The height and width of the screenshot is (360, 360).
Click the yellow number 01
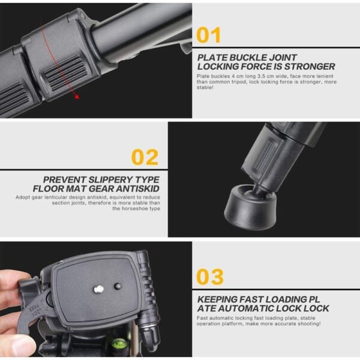[208, 36]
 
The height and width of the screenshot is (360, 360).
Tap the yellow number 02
[145, 157]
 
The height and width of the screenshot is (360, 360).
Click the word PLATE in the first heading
[214, 58]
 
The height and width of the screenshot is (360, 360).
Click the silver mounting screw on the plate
[99, 289]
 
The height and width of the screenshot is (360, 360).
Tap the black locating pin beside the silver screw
[118, 286]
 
